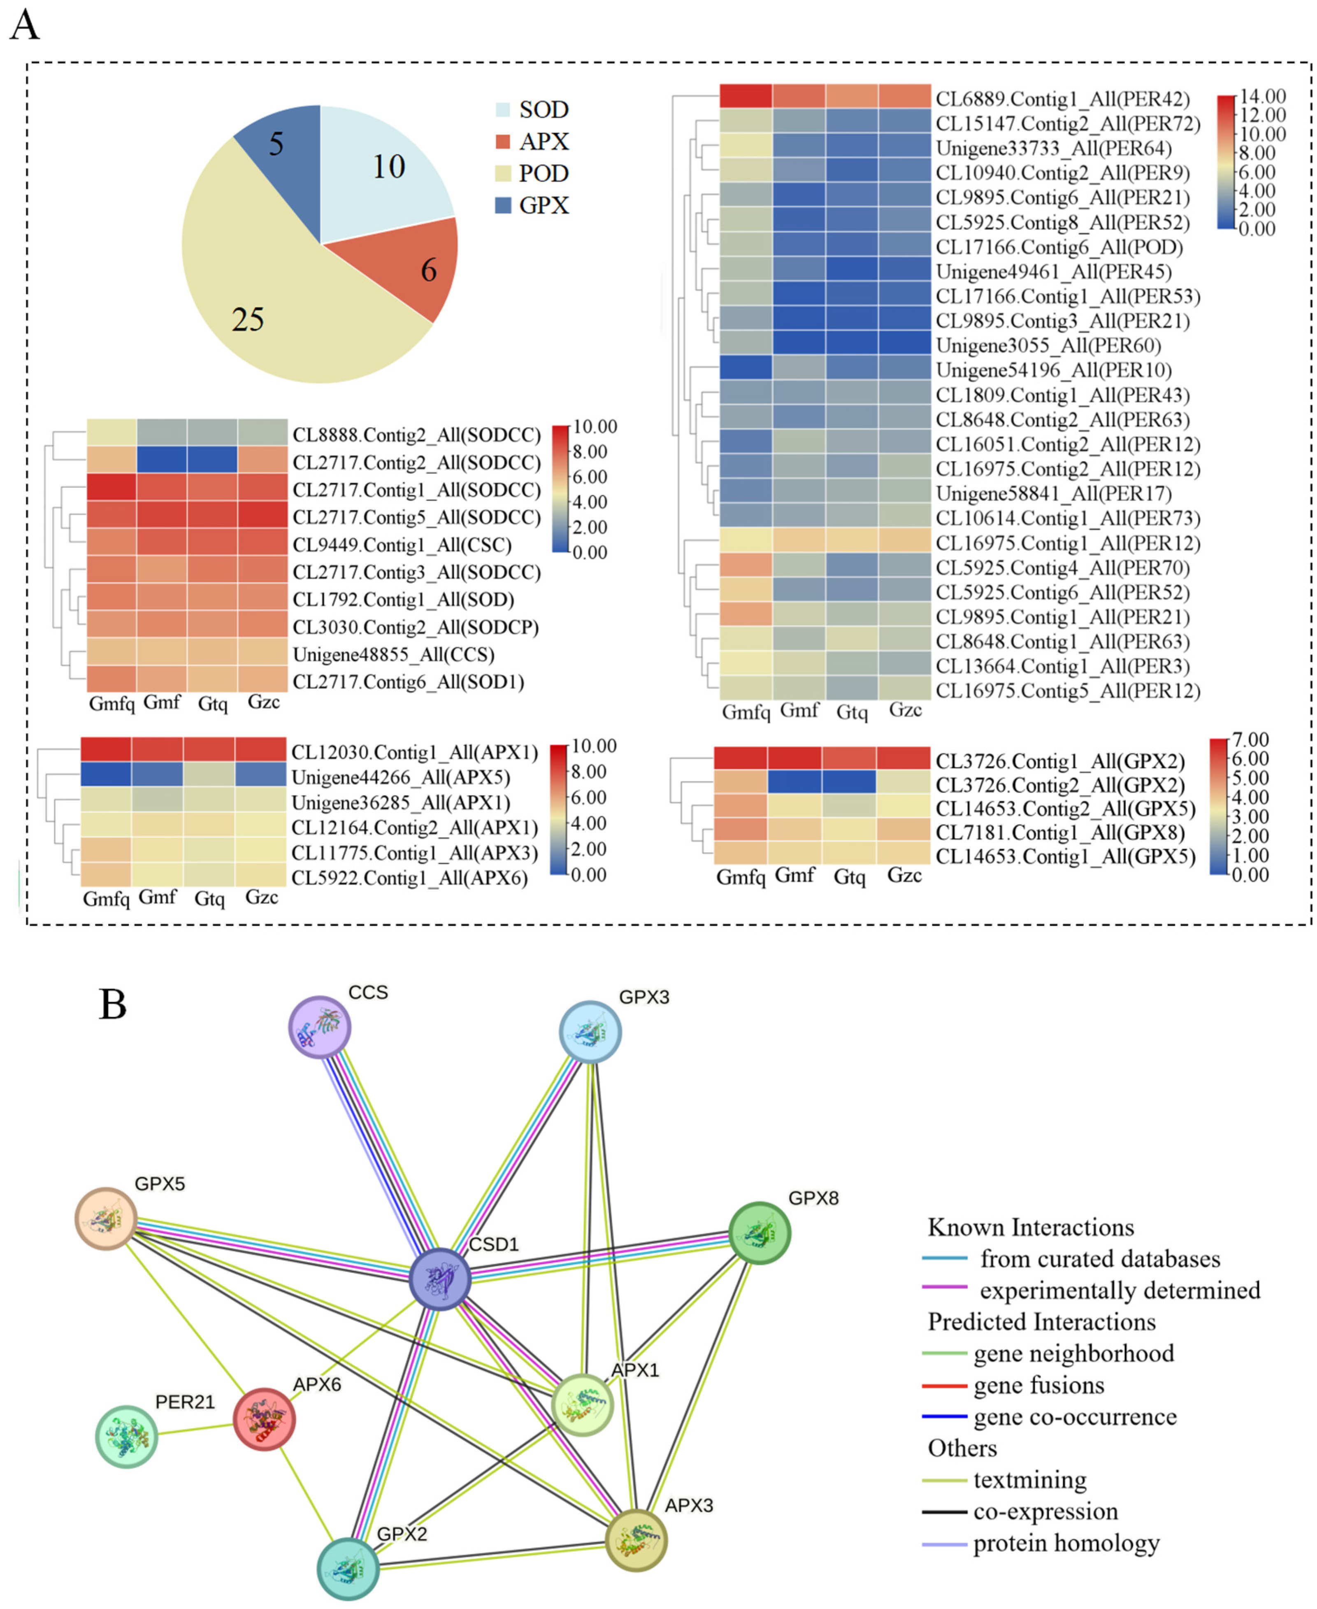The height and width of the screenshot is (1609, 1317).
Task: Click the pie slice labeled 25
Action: (273, 303)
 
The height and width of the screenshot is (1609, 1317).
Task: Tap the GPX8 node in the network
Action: (760, 1233)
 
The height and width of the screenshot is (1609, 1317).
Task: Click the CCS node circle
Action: (319, 1027)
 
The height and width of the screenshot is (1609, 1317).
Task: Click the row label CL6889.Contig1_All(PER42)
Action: (1062, 99)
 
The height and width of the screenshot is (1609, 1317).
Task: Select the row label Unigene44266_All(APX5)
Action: (401, 778)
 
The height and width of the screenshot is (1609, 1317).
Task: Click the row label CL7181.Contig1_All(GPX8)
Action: (1060, 833)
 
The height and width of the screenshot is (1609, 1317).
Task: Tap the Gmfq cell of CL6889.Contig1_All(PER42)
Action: (746, 96)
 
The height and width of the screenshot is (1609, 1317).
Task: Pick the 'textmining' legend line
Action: (945, 1480)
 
